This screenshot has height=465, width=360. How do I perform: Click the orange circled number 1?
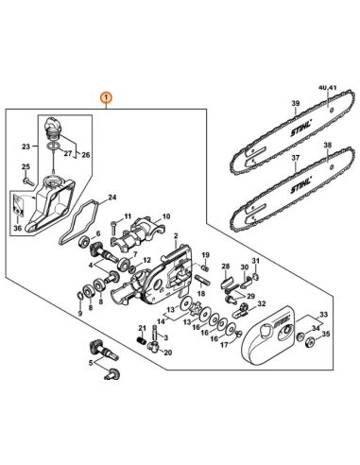point(106,97)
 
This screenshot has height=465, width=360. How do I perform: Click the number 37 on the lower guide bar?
point(294,158)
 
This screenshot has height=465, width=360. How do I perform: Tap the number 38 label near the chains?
point(328,146)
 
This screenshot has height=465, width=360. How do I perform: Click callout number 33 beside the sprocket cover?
point(323,314)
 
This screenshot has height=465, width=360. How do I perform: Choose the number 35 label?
point(327,333)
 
